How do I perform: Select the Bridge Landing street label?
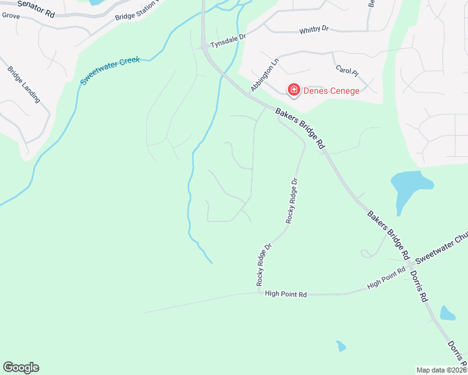pyautogui.click(x=24, y=84)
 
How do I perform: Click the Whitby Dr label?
pyautogui.click(x=313, y=30)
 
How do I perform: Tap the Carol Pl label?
pyautogui.click(x=347, y=70)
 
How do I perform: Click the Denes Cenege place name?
pyautogui.click(x=331, y=91)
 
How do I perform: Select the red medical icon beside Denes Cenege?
pyautogui.click(x=293, y=91)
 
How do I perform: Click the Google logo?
pyautogui.click(x=21, y=367)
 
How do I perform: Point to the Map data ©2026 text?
pyautogui.click(x=442, y=370)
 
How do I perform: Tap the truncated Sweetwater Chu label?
pyautogui.click(x=442, y=247)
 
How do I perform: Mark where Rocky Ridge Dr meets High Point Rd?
pyautogui.click(x=258, y=292)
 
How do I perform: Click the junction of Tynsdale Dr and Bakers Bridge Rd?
pyautogui.click(x=205, y=46)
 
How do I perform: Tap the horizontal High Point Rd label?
pyautogui.click(x=285, y=294)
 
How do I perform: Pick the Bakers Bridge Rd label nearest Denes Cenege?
pyautogui.click(x=301, y=127)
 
